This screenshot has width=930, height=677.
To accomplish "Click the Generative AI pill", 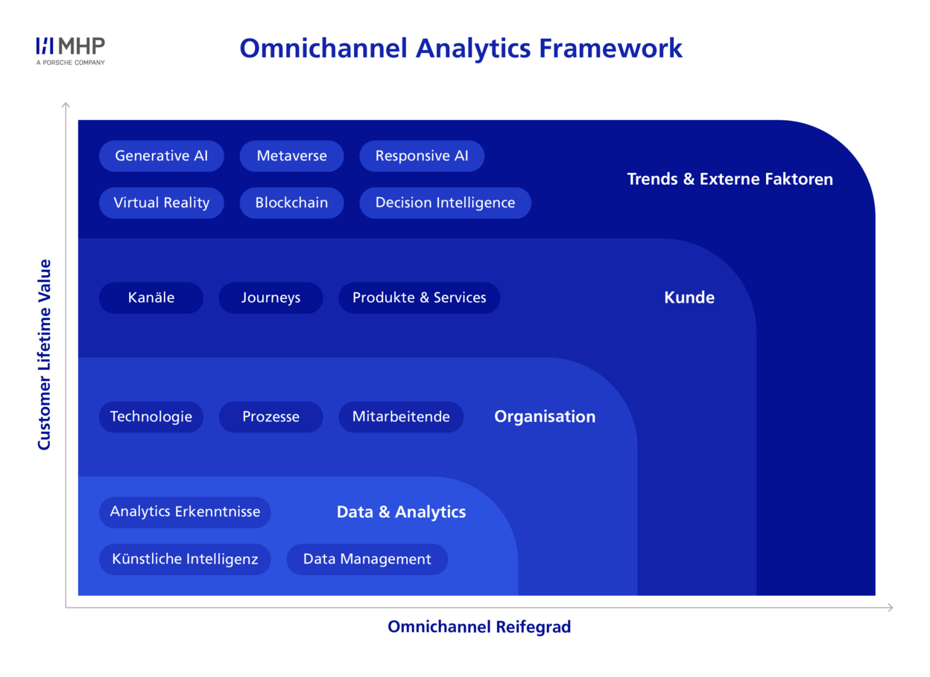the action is coord(162,156).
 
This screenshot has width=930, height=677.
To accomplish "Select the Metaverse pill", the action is coord(291,156).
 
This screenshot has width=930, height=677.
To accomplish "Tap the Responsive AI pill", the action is coord(422,156).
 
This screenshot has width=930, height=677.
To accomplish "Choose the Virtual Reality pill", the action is coord(162,203).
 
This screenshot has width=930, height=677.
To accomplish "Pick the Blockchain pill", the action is coord(291,203).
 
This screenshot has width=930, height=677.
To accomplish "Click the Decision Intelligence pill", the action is coord(445,203).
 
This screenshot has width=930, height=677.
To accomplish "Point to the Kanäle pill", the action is coord(151,297).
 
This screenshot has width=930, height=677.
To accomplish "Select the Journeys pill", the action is coord(271,297).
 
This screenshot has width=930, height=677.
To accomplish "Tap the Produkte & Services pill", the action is coord(420,297).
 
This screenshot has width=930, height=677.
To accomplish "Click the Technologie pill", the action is coord(151,417).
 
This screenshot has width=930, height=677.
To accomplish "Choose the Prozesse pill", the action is coord(271,417).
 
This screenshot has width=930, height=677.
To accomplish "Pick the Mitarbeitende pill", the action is coord(401,417).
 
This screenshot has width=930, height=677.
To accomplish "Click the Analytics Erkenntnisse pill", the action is coord(185,512).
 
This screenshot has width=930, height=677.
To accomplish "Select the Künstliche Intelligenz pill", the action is coord(185,559).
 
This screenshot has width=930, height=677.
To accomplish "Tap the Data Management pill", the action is coord(367,559).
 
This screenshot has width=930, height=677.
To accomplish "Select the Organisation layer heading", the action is coord(545,417).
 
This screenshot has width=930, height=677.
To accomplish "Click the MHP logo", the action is coord(71,51).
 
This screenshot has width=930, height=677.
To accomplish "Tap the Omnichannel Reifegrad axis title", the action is coord(479,628).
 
